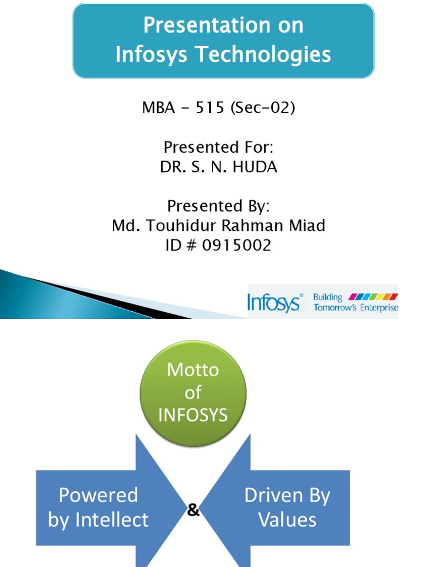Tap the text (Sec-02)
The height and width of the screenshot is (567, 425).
point(261,107)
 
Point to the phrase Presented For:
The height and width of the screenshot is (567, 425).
point(219,147)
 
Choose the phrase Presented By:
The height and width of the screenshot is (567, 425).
point(219,206)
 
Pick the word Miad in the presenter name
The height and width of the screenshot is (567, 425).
point(305,225)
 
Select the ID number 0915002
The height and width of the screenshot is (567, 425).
point(237,245)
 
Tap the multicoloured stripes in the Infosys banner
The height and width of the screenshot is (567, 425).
point(372,297)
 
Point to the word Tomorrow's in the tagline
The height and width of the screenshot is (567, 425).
point(334,308)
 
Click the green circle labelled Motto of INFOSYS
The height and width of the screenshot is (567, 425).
point(193,392)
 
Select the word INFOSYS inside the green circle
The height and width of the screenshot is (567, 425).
point(193,415)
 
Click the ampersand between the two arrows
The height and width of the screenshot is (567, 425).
point(193,511)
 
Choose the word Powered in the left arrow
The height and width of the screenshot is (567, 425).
point(98,494)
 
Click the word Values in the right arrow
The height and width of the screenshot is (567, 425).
point(288,520)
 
